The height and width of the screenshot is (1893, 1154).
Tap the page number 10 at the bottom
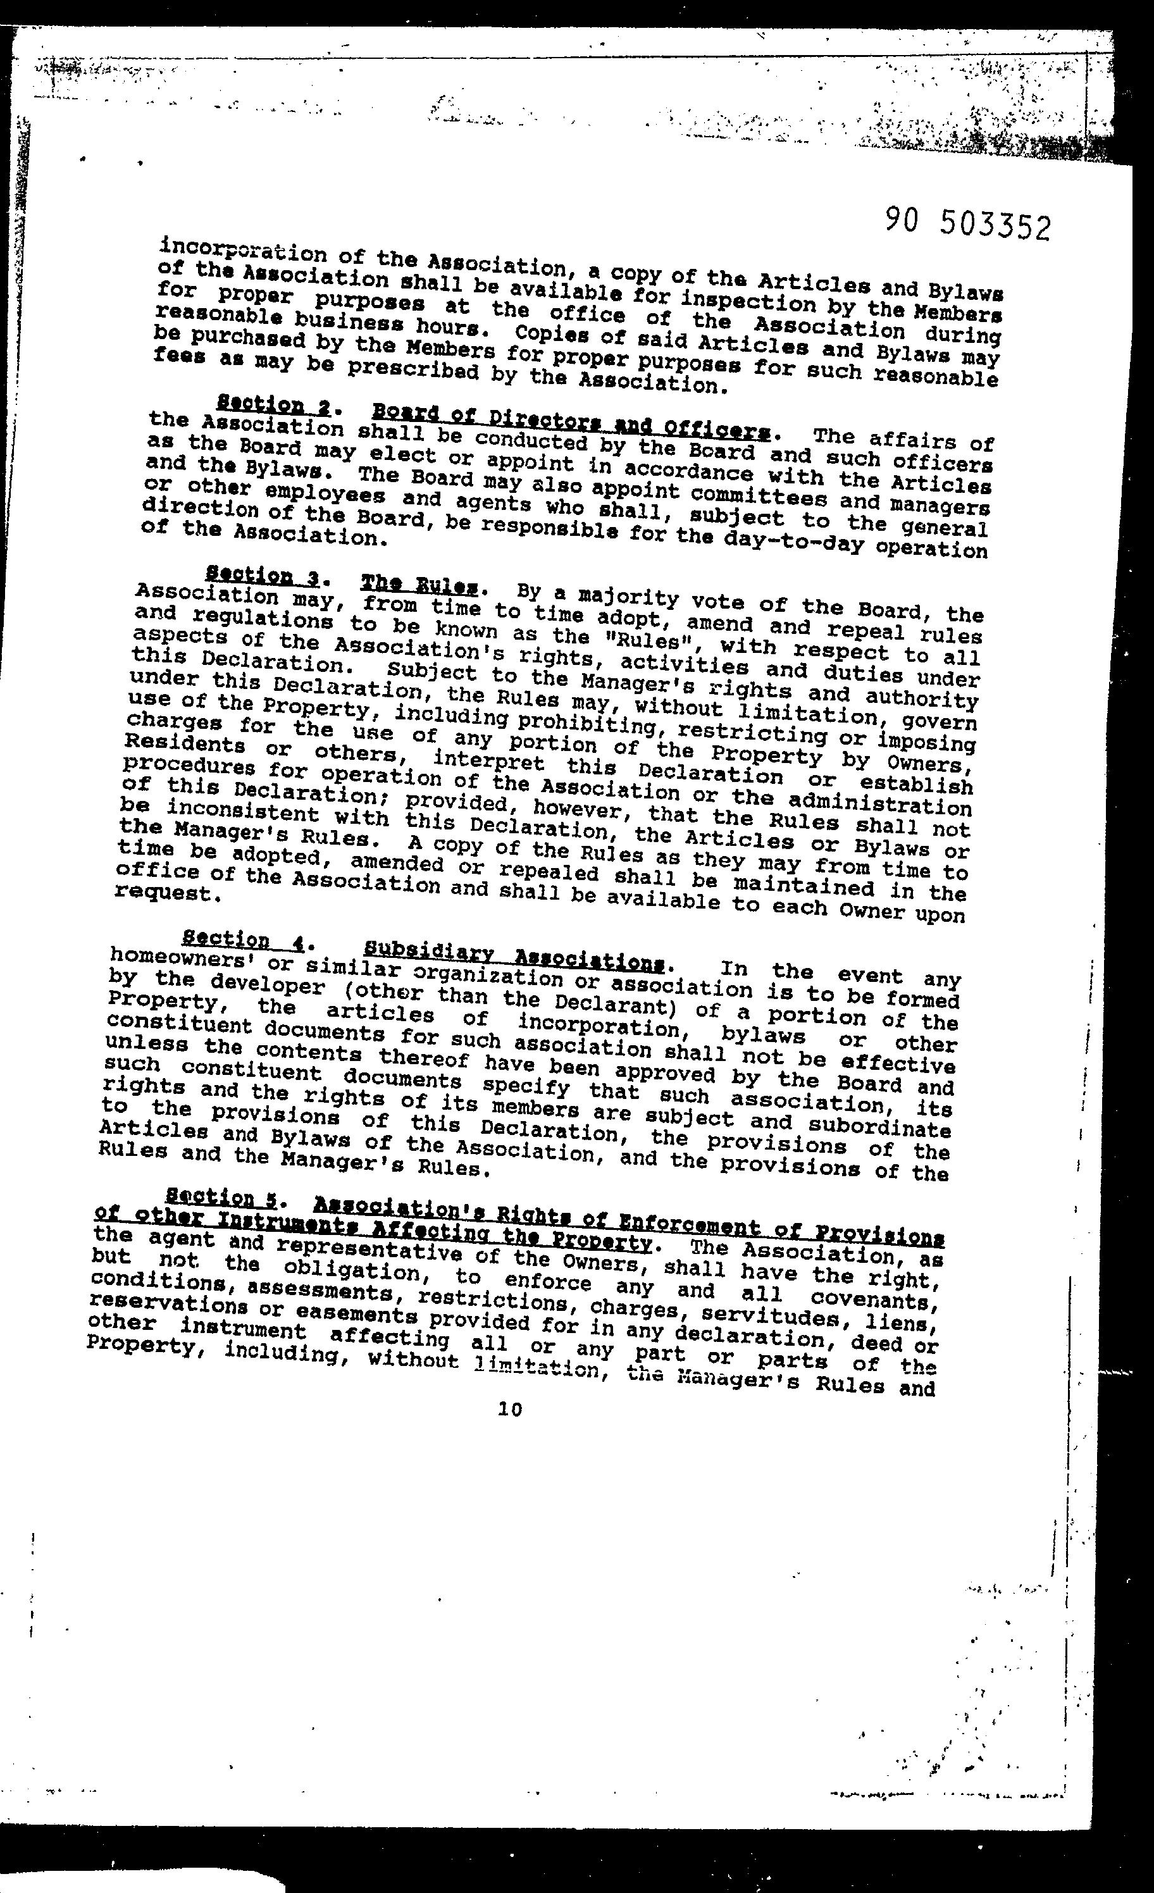point(509,1408)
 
